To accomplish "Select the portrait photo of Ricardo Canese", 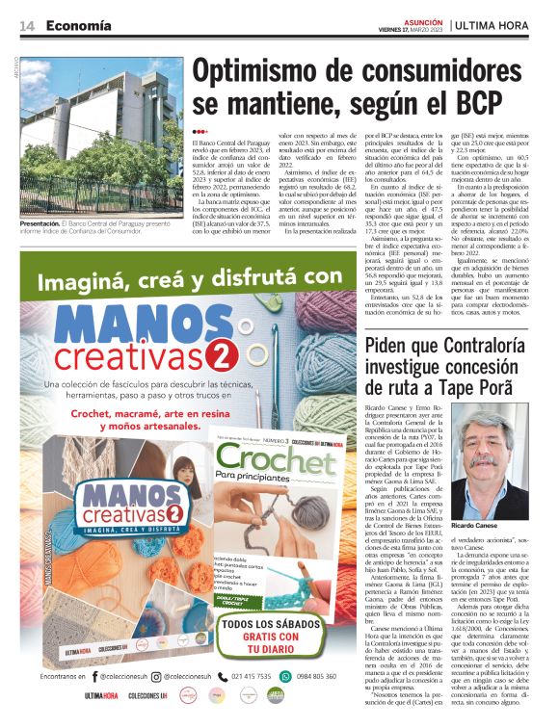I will point(500,456).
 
